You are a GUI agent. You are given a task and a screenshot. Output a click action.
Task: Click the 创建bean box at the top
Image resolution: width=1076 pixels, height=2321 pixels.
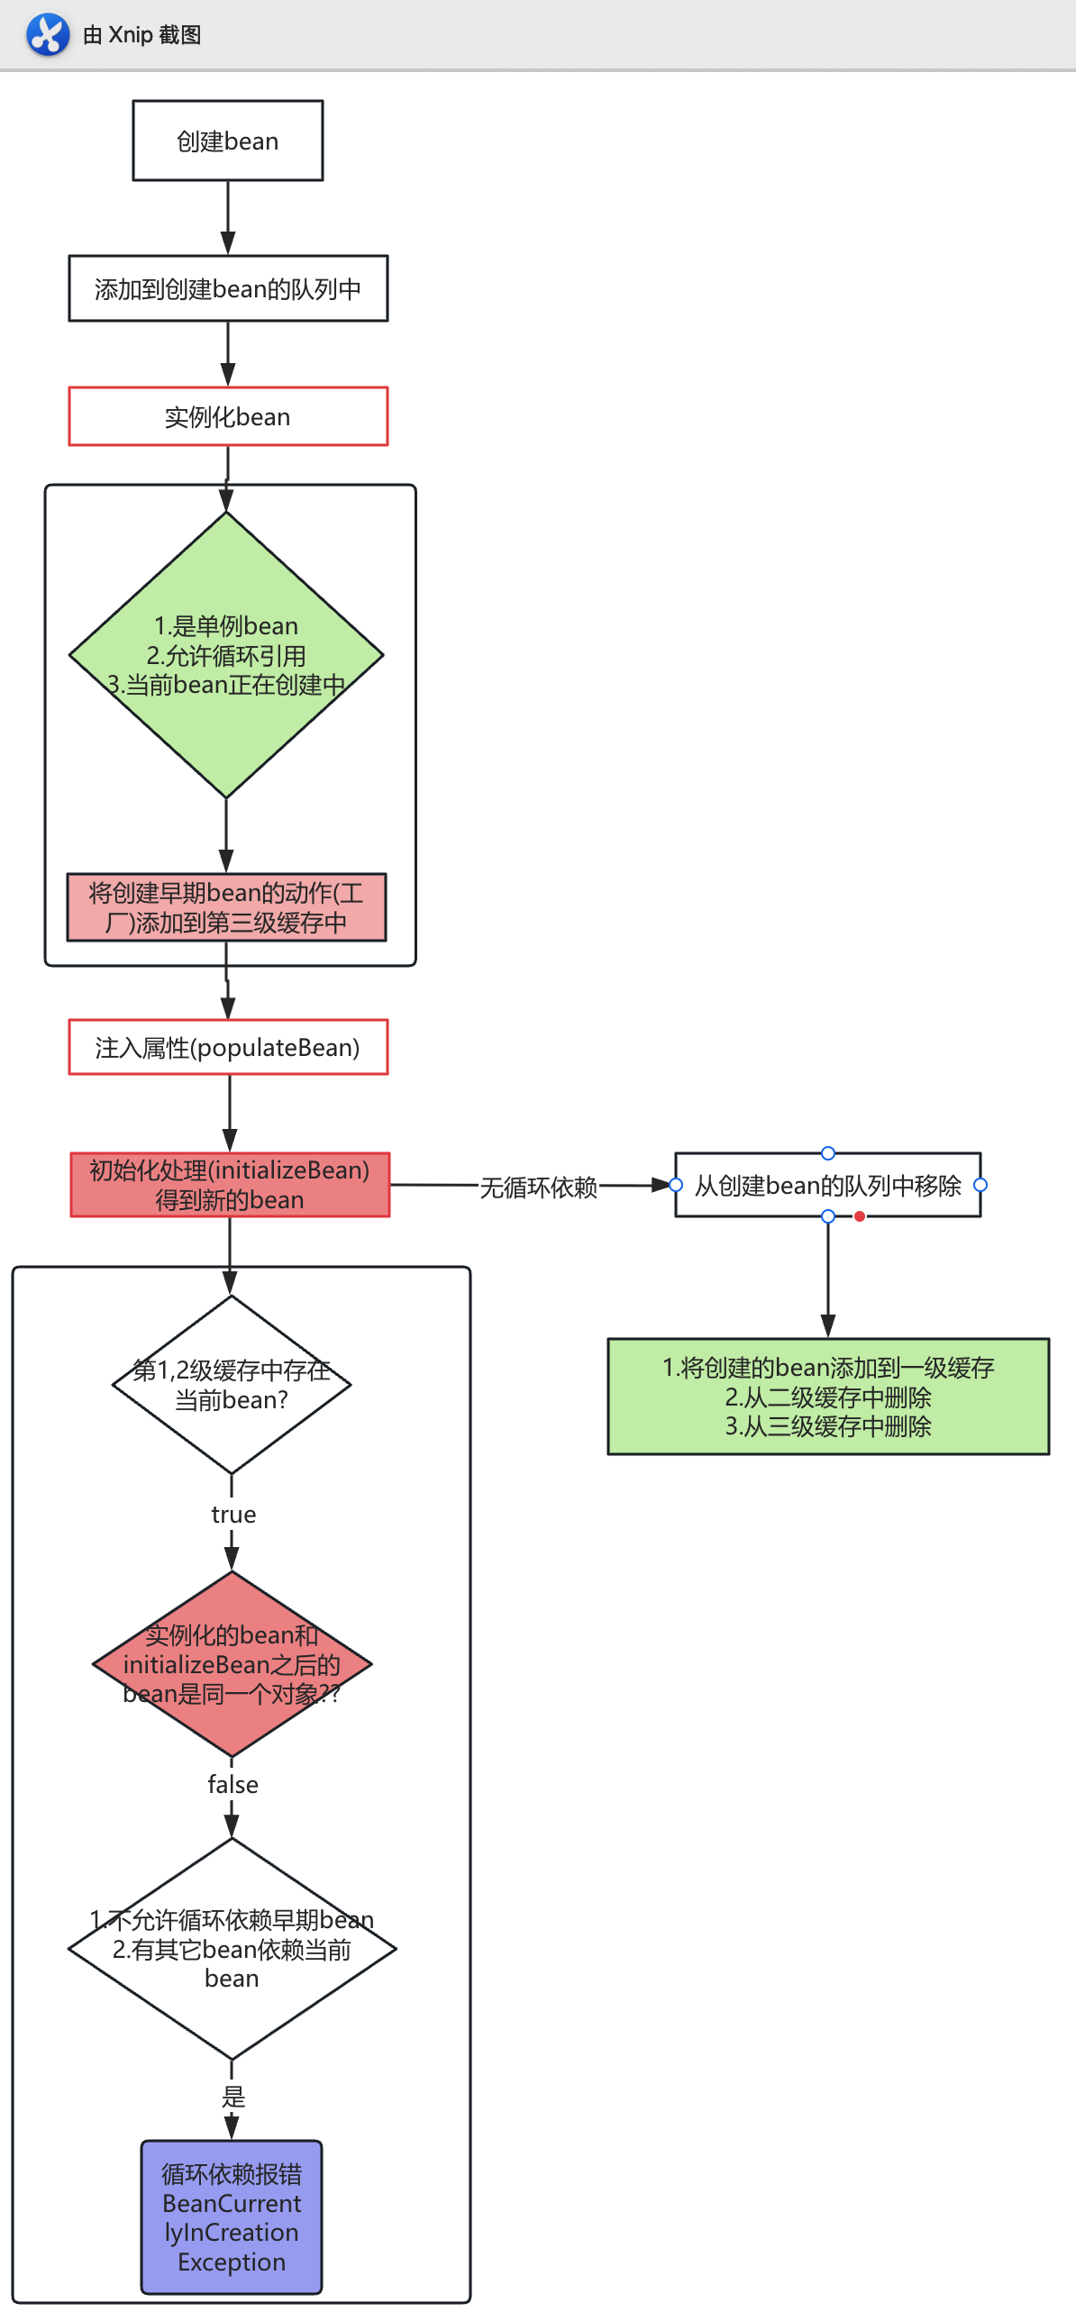[x=227, y=141]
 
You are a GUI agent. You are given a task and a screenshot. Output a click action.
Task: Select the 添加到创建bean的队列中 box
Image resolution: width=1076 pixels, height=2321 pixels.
[x=228, y=288]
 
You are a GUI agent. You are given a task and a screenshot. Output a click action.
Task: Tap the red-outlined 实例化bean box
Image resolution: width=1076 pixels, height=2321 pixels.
[x=228, y=416]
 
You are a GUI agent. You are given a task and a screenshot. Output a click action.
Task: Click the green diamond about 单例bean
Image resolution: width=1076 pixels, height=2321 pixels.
[x=226, y=655]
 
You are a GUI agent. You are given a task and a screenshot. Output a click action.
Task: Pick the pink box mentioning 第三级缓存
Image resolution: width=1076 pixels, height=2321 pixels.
[x=226, y=907]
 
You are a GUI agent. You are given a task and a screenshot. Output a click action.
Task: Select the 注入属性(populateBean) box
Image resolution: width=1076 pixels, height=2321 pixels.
[x=228, y=1047]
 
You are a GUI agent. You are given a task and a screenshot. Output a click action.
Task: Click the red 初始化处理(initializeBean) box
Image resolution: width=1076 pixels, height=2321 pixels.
[x=230, y=1185]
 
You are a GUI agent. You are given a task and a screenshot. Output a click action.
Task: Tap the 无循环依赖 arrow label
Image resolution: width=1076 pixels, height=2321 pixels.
[x=538, y=1187]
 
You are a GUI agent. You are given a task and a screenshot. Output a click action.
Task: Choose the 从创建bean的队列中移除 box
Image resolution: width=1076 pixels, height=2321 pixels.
[x=827, y=1185]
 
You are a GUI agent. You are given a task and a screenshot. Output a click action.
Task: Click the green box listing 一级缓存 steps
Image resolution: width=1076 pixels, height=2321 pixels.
[x=827, y=1397]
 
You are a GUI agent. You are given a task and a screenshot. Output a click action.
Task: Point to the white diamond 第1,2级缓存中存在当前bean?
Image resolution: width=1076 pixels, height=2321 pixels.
[x=232, y=1385]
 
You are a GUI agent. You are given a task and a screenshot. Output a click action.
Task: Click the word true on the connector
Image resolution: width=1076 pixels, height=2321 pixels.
[x=233, y=1515]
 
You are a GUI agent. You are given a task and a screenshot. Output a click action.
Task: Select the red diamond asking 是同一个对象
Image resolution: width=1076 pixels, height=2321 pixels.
[x=232, y=1664]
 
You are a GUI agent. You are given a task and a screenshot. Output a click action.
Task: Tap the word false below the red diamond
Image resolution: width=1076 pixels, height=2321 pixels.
[x=233, y=1785]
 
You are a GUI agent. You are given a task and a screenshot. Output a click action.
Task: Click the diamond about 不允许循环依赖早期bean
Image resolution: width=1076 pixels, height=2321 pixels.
[x=232, y=1949]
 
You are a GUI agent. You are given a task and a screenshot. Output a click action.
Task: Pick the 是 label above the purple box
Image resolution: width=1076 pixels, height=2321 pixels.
[x=233, y=2097]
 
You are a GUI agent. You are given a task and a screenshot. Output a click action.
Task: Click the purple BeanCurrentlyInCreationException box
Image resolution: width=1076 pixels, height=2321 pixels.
[x=232, y=2217]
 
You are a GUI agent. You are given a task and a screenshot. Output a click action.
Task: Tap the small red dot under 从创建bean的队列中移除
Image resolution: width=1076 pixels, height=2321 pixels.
[x=860, y=1216]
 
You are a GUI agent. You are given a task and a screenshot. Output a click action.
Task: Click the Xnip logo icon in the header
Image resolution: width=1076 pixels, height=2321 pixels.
[x=47, y=34]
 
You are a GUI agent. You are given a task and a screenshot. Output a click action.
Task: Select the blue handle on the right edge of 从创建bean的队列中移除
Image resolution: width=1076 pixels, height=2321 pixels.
[x=980, y=1185]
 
